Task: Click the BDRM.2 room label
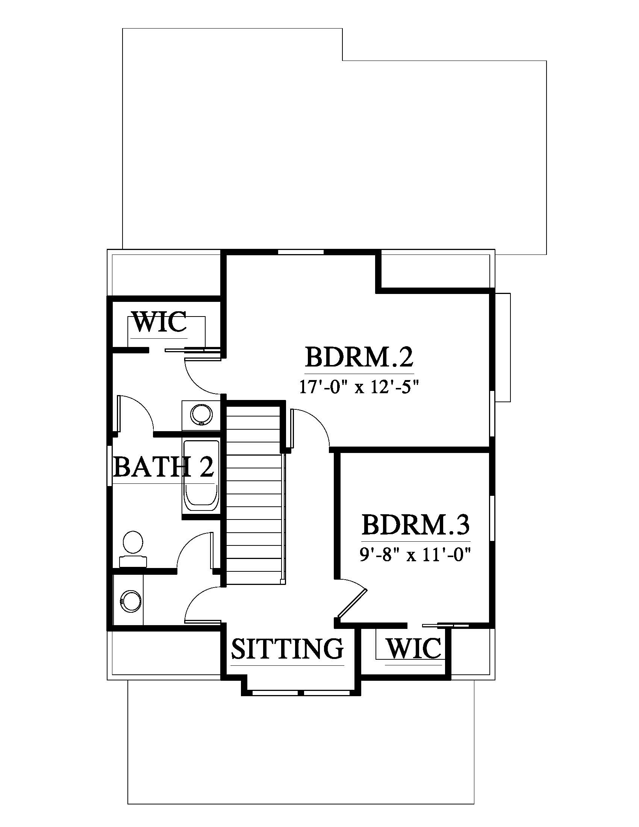pyautogui.click(x=359, y=357)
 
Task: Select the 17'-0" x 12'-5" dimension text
pyautogui.click(x=360, y=387)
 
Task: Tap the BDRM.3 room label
pyautogui.click(x=416, y=524)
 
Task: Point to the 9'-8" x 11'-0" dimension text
pyautogui.click(x=415, y=555)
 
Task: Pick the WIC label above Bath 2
pyautogui.click(x=160, y=322)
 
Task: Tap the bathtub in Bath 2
pyautogui.click(x=201, y=477)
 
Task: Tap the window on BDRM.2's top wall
pyautogui.click(x=301, y=252)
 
